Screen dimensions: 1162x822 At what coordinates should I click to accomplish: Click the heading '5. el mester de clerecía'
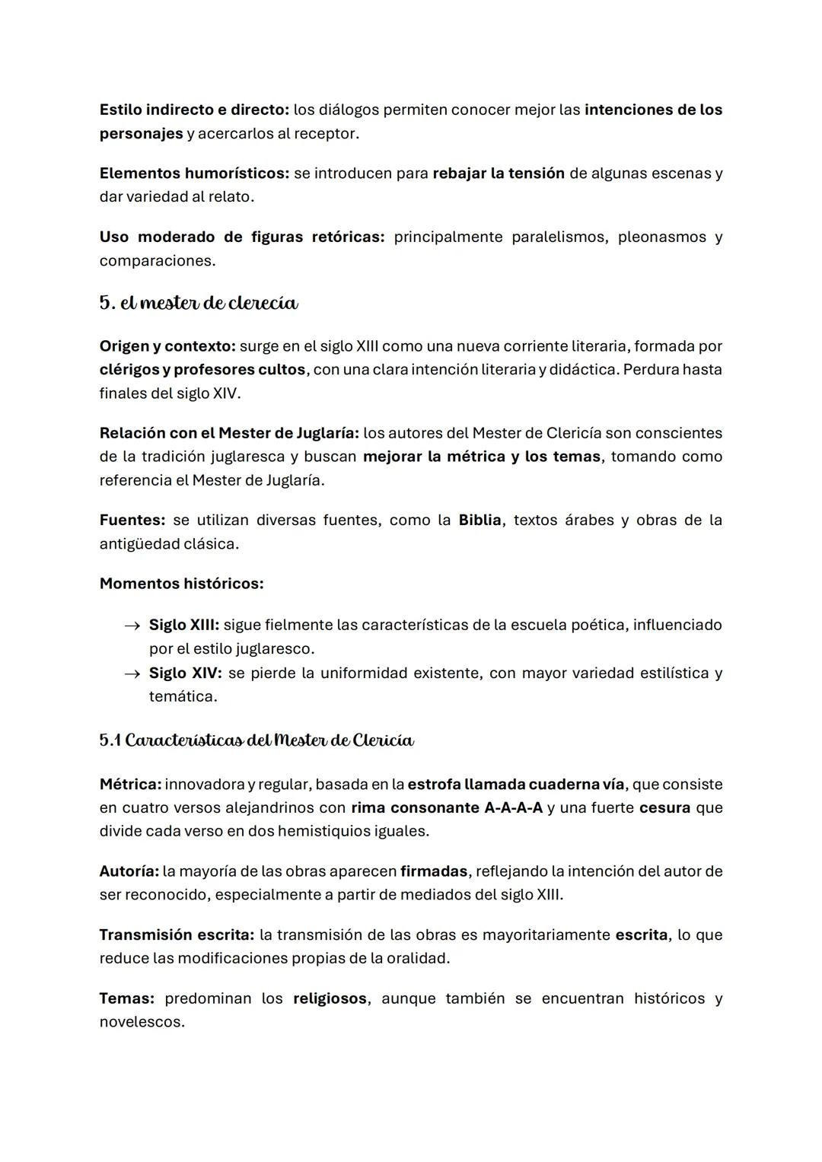coord(199,303)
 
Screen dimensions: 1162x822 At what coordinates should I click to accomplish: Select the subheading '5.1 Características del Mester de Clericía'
coord(256,740)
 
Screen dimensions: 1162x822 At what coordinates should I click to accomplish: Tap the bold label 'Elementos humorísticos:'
coord(194,173)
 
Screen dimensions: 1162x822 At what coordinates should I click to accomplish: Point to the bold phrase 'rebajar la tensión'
coord(499,173)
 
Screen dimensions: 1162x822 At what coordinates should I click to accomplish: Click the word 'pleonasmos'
coord(661,237)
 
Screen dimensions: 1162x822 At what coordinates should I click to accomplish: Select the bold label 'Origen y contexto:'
coord(167,346)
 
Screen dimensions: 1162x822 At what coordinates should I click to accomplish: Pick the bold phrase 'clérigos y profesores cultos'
coord(202,370)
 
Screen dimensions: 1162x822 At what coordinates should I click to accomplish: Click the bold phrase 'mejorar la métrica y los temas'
coord(481,457)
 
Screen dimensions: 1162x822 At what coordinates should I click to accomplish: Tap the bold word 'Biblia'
coord(479,520)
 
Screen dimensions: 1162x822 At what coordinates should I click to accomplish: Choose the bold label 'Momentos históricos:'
coord(181,584)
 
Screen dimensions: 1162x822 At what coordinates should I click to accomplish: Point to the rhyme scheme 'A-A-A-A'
coord(513,807)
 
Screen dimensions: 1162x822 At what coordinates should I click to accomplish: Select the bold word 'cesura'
coord(664,807)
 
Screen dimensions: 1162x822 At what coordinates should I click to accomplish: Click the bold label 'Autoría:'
coord(129,871)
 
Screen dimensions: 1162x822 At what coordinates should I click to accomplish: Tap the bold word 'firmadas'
coord(433,871)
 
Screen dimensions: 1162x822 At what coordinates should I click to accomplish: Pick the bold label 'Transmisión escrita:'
coord(177,934)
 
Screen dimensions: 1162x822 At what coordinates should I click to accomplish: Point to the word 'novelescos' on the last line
coord(141,1022)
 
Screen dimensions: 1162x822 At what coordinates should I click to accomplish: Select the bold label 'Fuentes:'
coord(132,520)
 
